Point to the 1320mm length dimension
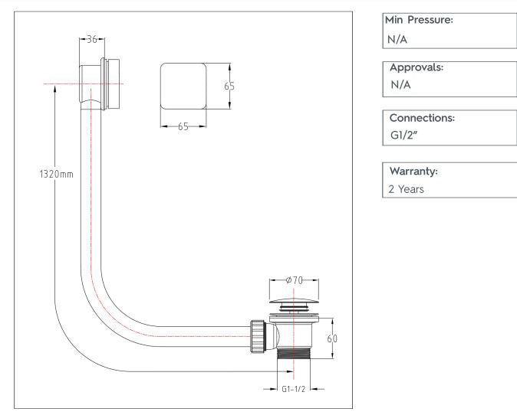tap(56, 175)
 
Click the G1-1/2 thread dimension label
tap(292, 388)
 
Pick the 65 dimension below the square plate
tap(183, 126)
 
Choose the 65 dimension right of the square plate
tap(229, 87)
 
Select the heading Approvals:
tap(417, 67)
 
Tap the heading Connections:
tap(423, 119)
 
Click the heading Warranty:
tap(414, 171)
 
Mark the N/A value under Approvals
tap(400, 84)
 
